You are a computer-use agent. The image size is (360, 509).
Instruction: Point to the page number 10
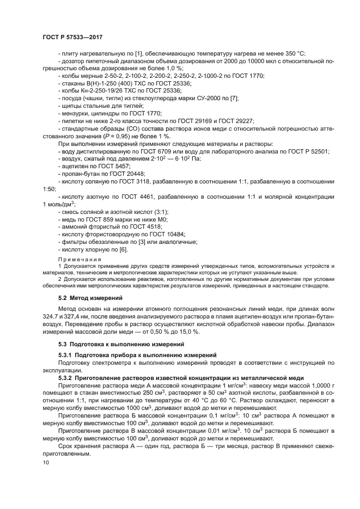46,462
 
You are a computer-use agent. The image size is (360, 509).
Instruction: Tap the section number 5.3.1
68,354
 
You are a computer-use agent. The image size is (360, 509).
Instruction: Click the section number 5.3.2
68,378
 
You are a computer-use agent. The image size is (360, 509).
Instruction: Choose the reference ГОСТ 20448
123,173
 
